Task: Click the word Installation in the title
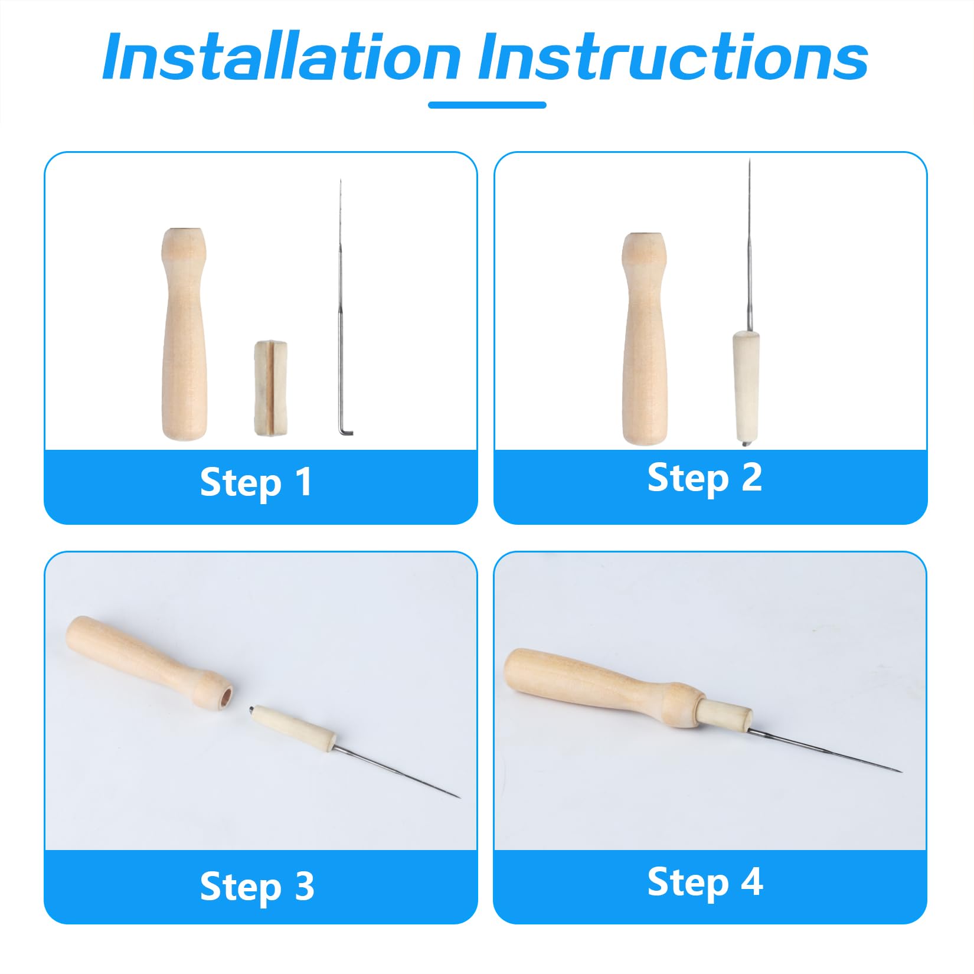tap(281, 57)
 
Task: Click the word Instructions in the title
tap(673, 57)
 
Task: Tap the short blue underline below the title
tap(487, 105)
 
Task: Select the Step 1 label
tap(256, 482)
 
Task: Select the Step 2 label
tap(705, 478)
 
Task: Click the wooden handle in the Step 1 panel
tap(184, 334)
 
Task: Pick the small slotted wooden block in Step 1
tap(271, 388)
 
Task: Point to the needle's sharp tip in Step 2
tap(749, 160)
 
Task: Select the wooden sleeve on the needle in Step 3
tap(292, 728)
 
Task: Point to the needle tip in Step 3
tap(458, 797)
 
